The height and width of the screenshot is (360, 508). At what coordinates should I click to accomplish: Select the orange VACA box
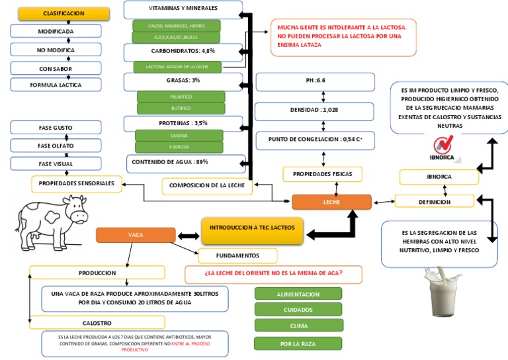click(135, 235)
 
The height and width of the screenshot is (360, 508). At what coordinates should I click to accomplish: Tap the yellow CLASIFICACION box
click(63, 13)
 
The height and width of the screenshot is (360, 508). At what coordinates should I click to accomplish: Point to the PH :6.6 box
click(315, 81)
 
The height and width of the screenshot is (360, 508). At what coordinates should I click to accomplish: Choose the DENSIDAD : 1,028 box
click(315, 111)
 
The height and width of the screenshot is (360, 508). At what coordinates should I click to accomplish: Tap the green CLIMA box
click(298, 326)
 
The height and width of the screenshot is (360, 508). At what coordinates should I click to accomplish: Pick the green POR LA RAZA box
click(298, 343)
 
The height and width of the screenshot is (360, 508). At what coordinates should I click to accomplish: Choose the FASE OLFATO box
click(56, 145)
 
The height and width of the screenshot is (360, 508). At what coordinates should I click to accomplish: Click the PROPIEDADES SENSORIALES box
click(77, 183)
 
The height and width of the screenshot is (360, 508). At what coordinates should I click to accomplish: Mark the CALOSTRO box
click(97, 322)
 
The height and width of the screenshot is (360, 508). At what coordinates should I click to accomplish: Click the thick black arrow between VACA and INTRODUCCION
click(189, 234)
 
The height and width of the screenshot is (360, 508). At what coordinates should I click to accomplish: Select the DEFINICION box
click(435, 201)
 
